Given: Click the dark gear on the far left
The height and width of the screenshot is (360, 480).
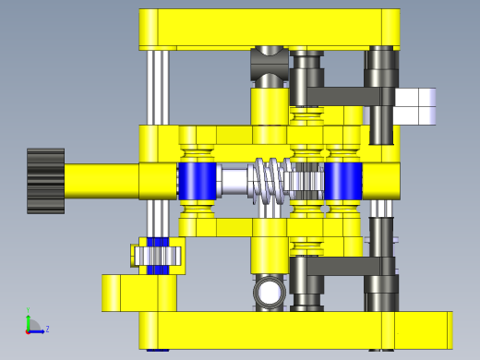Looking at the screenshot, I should coord(45,181).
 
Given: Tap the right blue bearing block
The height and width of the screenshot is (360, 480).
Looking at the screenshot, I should coord(342,180).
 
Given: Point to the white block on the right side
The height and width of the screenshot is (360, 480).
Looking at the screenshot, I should coord(415,105).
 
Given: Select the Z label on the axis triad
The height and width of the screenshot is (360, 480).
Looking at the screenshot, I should coord(47,329).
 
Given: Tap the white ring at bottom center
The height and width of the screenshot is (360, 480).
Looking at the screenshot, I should coord(270,294).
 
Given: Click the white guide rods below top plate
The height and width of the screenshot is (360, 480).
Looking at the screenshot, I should coord(159,88).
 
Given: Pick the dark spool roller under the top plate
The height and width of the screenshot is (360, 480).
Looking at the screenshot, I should coord(270,66).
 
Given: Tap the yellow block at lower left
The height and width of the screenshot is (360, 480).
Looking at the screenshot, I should coord(138,293).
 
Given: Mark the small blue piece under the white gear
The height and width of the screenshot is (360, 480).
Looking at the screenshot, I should coord(159,270).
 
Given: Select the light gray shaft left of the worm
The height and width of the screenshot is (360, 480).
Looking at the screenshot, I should coord(235,180).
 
